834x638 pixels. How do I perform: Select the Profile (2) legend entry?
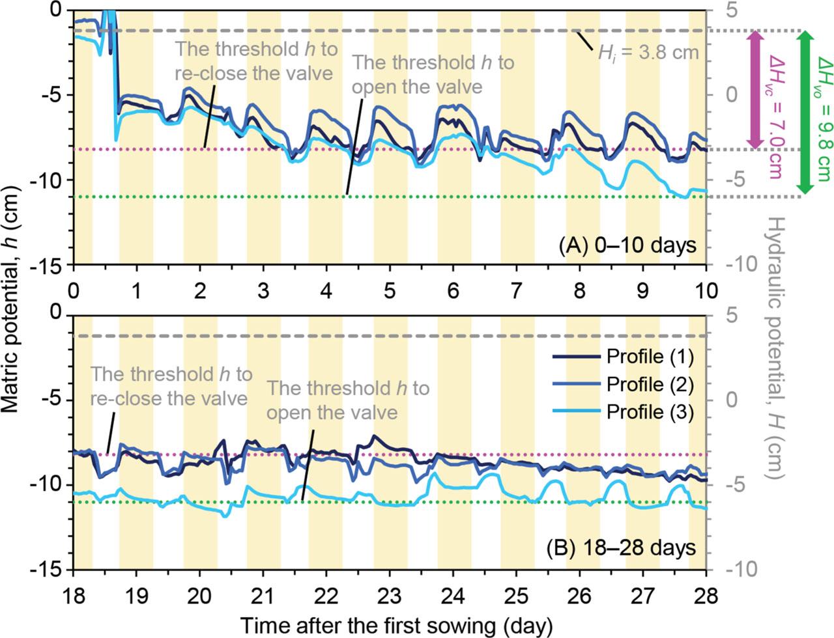[623, 384]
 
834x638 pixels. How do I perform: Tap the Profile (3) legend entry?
[623, 411]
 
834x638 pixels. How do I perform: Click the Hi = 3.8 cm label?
[648, 53]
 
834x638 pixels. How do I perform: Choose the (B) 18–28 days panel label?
[621, 548]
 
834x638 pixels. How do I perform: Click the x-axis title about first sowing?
[396, 625]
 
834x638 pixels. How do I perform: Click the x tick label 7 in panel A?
[516, 288]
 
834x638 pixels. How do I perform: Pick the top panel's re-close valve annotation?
[254, 61]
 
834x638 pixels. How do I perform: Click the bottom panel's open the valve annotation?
[348, 400]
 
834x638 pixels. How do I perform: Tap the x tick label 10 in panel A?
[706, 288]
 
